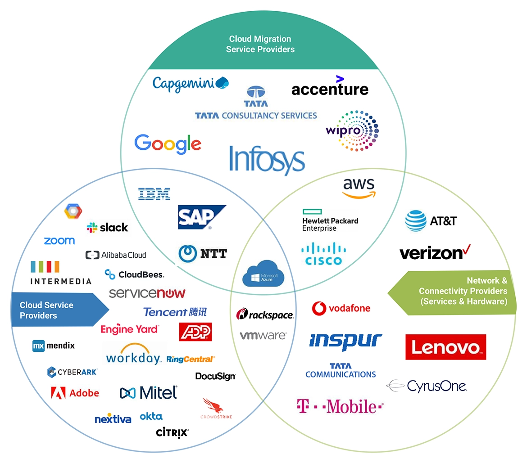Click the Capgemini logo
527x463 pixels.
[191, 84]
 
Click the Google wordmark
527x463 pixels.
[168, 144]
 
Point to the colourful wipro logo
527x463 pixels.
[352, 131]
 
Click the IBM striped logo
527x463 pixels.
[154, 194]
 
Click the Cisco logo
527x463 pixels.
[323, 254]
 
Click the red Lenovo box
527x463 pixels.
[445, 347]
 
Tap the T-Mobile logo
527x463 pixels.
[340, 406]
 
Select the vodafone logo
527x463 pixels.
[341, 308]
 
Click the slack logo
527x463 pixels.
[108, 228]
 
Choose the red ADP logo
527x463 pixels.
[195, 332]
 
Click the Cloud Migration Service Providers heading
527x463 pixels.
[260, 44]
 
